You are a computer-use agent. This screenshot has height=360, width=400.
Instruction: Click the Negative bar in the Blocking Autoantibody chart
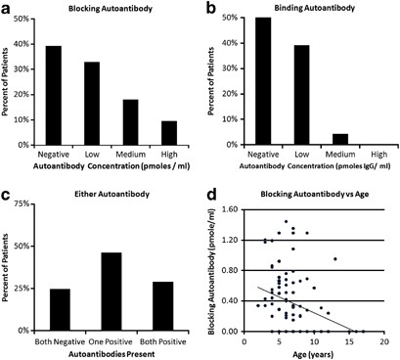click(x=54, y=96)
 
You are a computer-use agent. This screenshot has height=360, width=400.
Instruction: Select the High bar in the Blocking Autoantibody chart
click(x=169, y=133)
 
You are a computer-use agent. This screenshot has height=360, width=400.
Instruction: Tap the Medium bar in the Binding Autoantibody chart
click(x=340, y=139)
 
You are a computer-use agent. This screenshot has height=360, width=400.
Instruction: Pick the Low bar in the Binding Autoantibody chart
click(x=301, y=95)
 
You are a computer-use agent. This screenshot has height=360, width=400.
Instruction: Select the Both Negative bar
click(x=60, y=310)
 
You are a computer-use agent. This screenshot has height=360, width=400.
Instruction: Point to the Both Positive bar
click(x=163, y=306)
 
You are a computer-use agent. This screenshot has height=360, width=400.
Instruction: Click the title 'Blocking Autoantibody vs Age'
click(x=315, y=195)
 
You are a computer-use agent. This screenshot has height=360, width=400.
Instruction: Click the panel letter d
click(x=212, y=195)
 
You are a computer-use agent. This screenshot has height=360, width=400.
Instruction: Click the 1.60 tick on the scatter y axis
click(x=230, y=209)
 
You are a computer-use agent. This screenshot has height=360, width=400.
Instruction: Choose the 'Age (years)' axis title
click(x=314, y=354)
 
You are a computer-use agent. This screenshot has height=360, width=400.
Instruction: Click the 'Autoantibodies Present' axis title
click(x=111, y=354)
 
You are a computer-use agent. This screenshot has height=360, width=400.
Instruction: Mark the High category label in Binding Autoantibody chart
click(x=379, y=155)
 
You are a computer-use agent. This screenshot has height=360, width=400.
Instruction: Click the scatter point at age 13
click(x=335, y=259)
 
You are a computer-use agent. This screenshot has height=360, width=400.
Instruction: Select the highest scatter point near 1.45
click(x=286, y=221)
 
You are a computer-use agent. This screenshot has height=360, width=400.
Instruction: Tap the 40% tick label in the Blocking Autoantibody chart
click(x=22, y=44)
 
